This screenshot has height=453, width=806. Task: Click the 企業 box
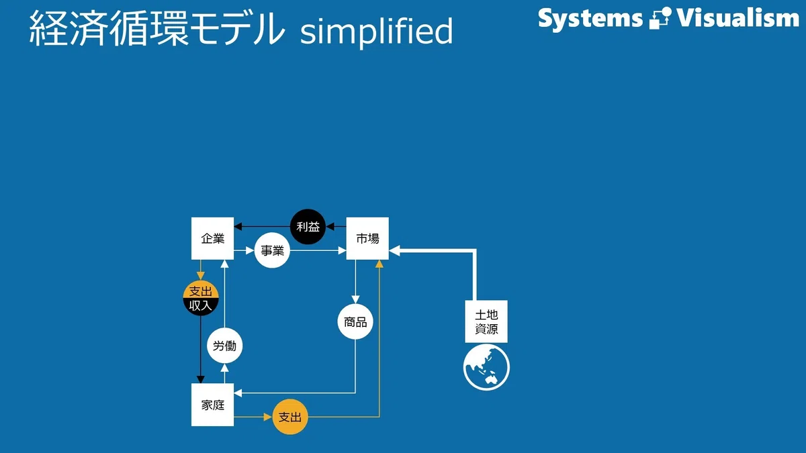(x=212, y=238)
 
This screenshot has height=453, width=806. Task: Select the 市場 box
(x=367, y=238)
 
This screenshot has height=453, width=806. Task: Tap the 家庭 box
(x=212, y=405)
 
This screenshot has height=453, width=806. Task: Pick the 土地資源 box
(x=486, y=321)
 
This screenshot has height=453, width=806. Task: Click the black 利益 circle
(x=308, y=227)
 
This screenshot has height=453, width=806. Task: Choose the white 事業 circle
(x=272, y=250)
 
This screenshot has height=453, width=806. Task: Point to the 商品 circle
(x=355, y=321)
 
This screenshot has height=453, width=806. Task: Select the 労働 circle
(x=224, y=346)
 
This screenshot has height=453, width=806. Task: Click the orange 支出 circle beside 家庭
(x=290, y=417)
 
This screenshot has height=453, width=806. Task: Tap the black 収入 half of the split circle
(x=201, y=306)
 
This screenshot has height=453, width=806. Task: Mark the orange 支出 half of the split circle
(x=201, y=290)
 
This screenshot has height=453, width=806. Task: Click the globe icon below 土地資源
(x=486, y=367)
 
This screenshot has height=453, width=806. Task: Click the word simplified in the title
(x=376, y=32)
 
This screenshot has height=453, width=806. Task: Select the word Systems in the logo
(x=590, y=18)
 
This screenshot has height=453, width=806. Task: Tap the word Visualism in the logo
(x=738, y=17)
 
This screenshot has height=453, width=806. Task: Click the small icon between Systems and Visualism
(x=660, y=18)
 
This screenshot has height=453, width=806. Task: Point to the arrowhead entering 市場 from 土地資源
(x=394, y=250)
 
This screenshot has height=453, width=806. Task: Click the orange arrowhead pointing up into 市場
(x=379, y=264)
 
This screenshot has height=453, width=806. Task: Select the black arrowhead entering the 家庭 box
(x=201, y=379)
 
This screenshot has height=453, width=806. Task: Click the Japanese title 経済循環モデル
(x=156, y=28)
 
